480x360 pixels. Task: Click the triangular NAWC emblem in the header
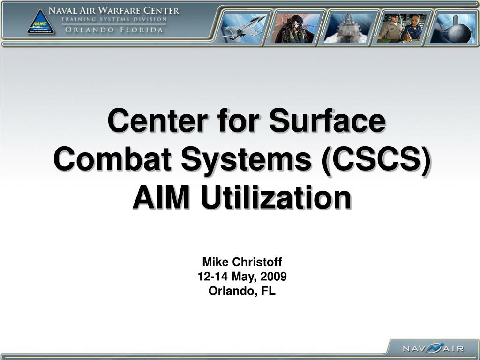[40, 23]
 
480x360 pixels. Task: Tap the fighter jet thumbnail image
[243, 27]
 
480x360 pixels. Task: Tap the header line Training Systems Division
[114, 19]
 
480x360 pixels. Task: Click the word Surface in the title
[326, 121]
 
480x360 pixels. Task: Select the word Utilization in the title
[276, 198]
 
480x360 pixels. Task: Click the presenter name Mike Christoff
[242, 262]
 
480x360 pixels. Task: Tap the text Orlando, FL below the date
[242, 291]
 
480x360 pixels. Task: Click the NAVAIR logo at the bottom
[433, 348]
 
